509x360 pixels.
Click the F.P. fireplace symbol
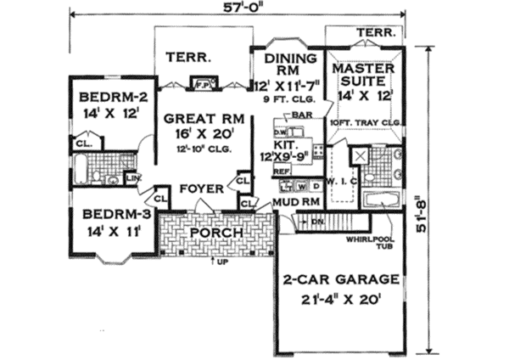[204, 83]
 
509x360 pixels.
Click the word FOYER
[202, 188]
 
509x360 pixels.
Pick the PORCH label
[216, 232]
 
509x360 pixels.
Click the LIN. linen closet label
[133, 177]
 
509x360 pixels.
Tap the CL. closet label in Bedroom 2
[83, 144]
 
